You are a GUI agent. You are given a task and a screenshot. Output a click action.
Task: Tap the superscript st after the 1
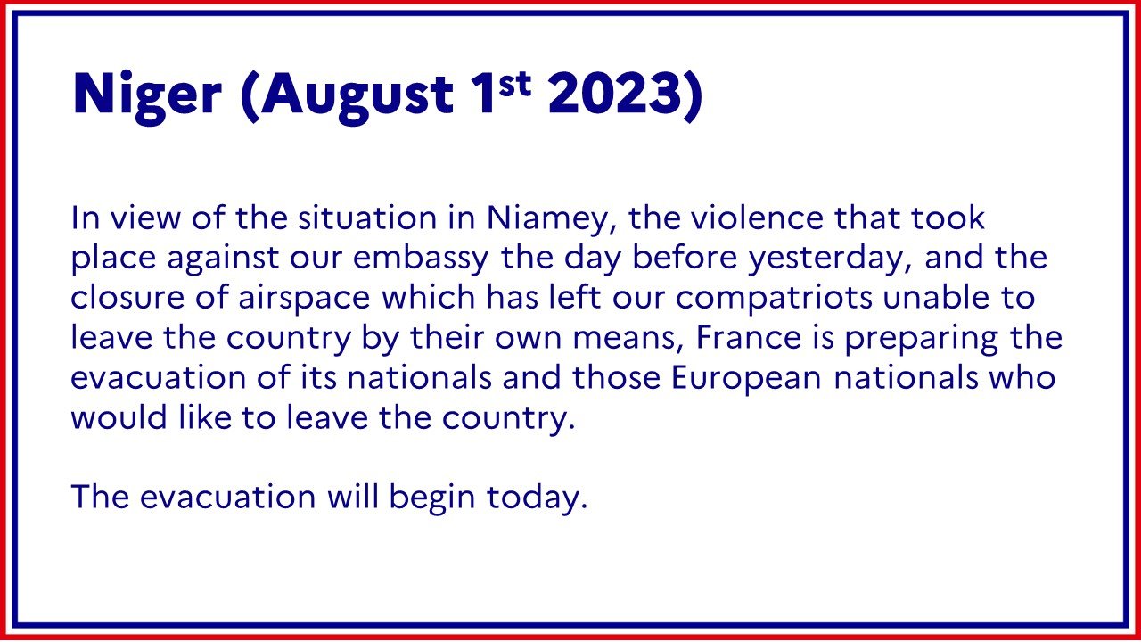click(x=514, y=85)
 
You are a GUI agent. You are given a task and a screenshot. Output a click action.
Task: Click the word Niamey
click(x=553, y=219)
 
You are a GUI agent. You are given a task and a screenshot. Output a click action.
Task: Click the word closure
click(x=127, y=298)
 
